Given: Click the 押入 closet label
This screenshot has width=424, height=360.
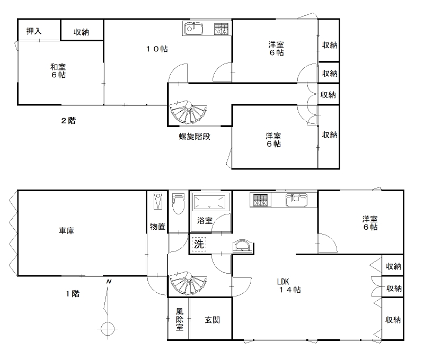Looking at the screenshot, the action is pyautogui.click(x=34, y=31).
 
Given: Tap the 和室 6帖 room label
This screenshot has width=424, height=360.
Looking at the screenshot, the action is pyautogui.click(x=58, y=71).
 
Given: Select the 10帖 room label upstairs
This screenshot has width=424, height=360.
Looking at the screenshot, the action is pyautogui.click(x=157, y=49).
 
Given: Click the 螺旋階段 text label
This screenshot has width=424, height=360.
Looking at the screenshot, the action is pyautogui.click(x=195, y=137).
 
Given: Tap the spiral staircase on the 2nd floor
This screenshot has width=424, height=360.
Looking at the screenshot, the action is pyautogui.click(x=188, y=112).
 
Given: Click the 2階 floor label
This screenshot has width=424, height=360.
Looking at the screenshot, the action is pyautogui.click(x=68, y=121).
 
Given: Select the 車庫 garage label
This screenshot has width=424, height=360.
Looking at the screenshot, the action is pyautogui.click(x=67, y=231).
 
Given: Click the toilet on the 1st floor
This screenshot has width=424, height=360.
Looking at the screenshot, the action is pyautogui.click(x=178, y=203).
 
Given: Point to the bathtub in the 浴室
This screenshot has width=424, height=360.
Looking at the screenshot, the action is pyautogui.click(x=209, y=202).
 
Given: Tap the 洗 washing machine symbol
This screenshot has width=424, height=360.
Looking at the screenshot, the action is pyautogui.click(x=199, y=244).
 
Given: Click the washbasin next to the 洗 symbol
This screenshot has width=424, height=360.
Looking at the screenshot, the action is pyautogui.click(x=243, y=245).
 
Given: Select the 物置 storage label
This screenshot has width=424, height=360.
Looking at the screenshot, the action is pyautogui.click(x=157, y=226).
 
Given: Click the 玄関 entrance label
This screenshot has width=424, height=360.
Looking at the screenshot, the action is pyautogui.click(x=213, y=320).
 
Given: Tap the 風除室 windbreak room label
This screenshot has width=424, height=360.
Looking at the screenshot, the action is pyautogui.click(x=180, y=319).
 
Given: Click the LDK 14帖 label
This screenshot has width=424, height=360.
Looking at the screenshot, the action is pyautogui.click(x=289, y=286).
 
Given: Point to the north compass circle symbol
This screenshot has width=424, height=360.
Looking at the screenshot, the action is pyautogui.click(x=108, y=329).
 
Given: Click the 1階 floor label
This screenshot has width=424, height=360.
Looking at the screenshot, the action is pyautogui.click(x=73, y=294).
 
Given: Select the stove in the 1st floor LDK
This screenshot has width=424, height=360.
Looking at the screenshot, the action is pyautogui.click(x=260, y=200).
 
